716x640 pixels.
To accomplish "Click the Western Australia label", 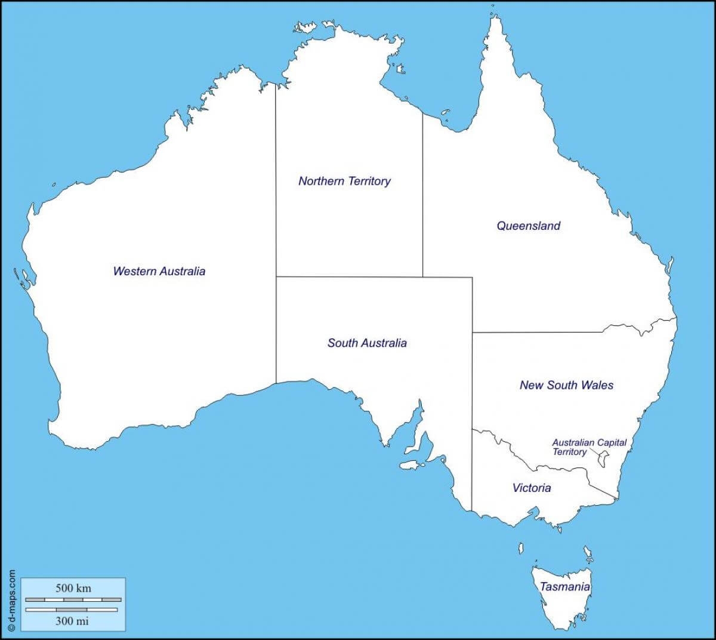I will (x=159, y=271).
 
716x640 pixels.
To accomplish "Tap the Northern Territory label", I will (x=344, y=181).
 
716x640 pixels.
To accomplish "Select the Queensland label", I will (x=529, y=226).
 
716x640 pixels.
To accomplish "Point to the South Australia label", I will (x=367, y=343).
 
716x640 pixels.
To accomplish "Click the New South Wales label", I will (x=566, y=385).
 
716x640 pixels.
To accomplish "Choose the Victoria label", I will (x=532, y=488).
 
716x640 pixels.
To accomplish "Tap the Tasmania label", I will (x=564, y=587).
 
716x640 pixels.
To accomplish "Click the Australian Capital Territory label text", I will (x=588, y=447).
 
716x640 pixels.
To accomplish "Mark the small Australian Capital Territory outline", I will (x=604, y=459).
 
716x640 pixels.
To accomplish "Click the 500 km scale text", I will (x=73, y=588).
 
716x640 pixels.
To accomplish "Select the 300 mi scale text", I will (x=72, y=621).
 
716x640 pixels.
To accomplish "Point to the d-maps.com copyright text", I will (x=11, y=599).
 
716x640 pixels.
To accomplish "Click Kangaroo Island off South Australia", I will (x=411, y=464).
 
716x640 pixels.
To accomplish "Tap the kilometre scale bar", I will (x=73, y=599).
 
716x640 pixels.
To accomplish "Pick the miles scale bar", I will (x=72, y=610).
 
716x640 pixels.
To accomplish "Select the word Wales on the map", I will (x=598, y=385).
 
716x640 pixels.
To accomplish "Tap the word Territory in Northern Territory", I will (x=369, y=181).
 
